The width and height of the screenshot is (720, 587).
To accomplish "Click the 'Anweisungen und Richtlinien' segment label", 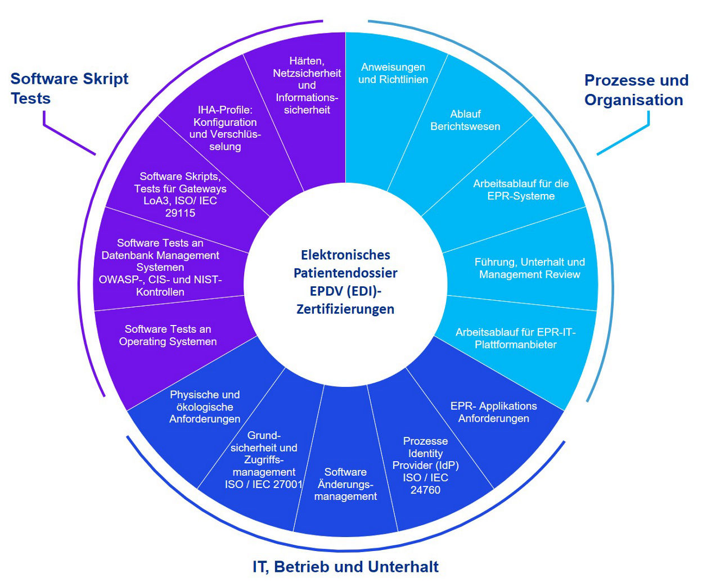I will (x=393, y=74).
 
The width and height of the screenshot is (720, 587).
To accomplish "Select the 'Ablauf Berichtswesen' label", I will (x=465, y=120).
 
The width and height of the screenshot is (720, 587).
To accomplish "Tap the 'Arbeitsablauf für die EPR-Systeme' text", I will (x=521, y=190).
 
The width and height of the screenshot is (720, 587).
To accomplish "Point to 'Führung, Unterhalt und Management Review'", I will (x=529, y=268).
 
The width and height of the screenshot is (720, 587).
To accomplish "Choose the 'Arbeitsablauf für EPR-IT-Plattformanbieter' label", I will (x=515, y=338).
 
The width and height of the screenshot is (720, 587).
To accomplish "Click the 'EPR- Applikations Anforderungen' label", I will (x=493, y=412).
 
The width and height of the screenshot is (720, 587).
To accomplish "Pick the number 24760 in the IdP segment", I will (x=425, y=490).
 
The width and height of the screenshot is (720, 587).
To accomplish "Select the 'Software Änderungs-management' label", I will (x=345, y=484).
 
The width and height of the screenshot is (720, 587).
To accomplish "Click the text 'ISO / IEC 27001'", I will (x=264, y=484).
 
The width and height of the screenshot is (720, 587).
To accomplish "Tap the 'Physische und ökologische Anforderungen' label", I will (x=205, y=407).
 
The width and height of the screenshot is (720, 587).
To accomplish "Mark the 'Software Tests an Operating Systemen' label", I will (x=168, y=335).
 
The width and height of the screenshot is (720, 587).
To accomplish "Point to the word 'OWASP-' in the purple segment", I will (x=121, y=279).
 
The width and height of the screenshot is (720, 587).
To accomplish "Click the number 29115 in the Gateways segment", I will (x=180, y=213).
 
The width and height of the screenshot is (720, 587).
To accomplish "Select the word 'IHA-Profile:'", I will (x=225, y=110).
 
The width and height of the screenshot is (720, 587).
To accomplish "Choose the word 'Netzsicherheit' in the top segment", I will (x=307, y=73).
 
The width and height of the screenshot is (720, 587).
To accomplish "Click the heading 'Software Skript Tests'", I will (x=69, y=88).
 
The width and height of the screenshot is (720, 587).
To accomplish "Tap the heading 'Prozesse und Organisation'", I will (x=636, y=90).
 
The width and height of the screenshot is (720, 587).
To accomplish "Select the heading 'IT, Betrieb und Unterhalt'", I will (x=345, y=567).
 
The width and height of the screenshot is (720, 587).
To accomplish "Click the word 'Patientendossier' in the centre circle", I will (x=345, y=273).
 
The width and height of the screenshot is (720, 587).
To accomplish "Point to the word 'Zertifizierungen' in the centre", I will (x=345, y=309).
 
